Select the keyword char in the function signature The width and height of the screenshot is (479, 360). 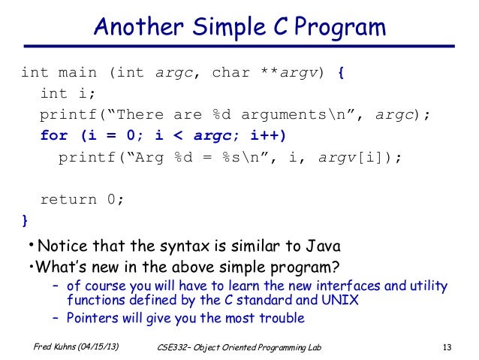[230, 73]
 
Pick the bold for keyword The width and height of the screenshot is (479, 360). [54, 136]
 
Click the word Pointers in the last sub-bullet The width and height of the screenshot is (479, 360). [92, 317]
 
